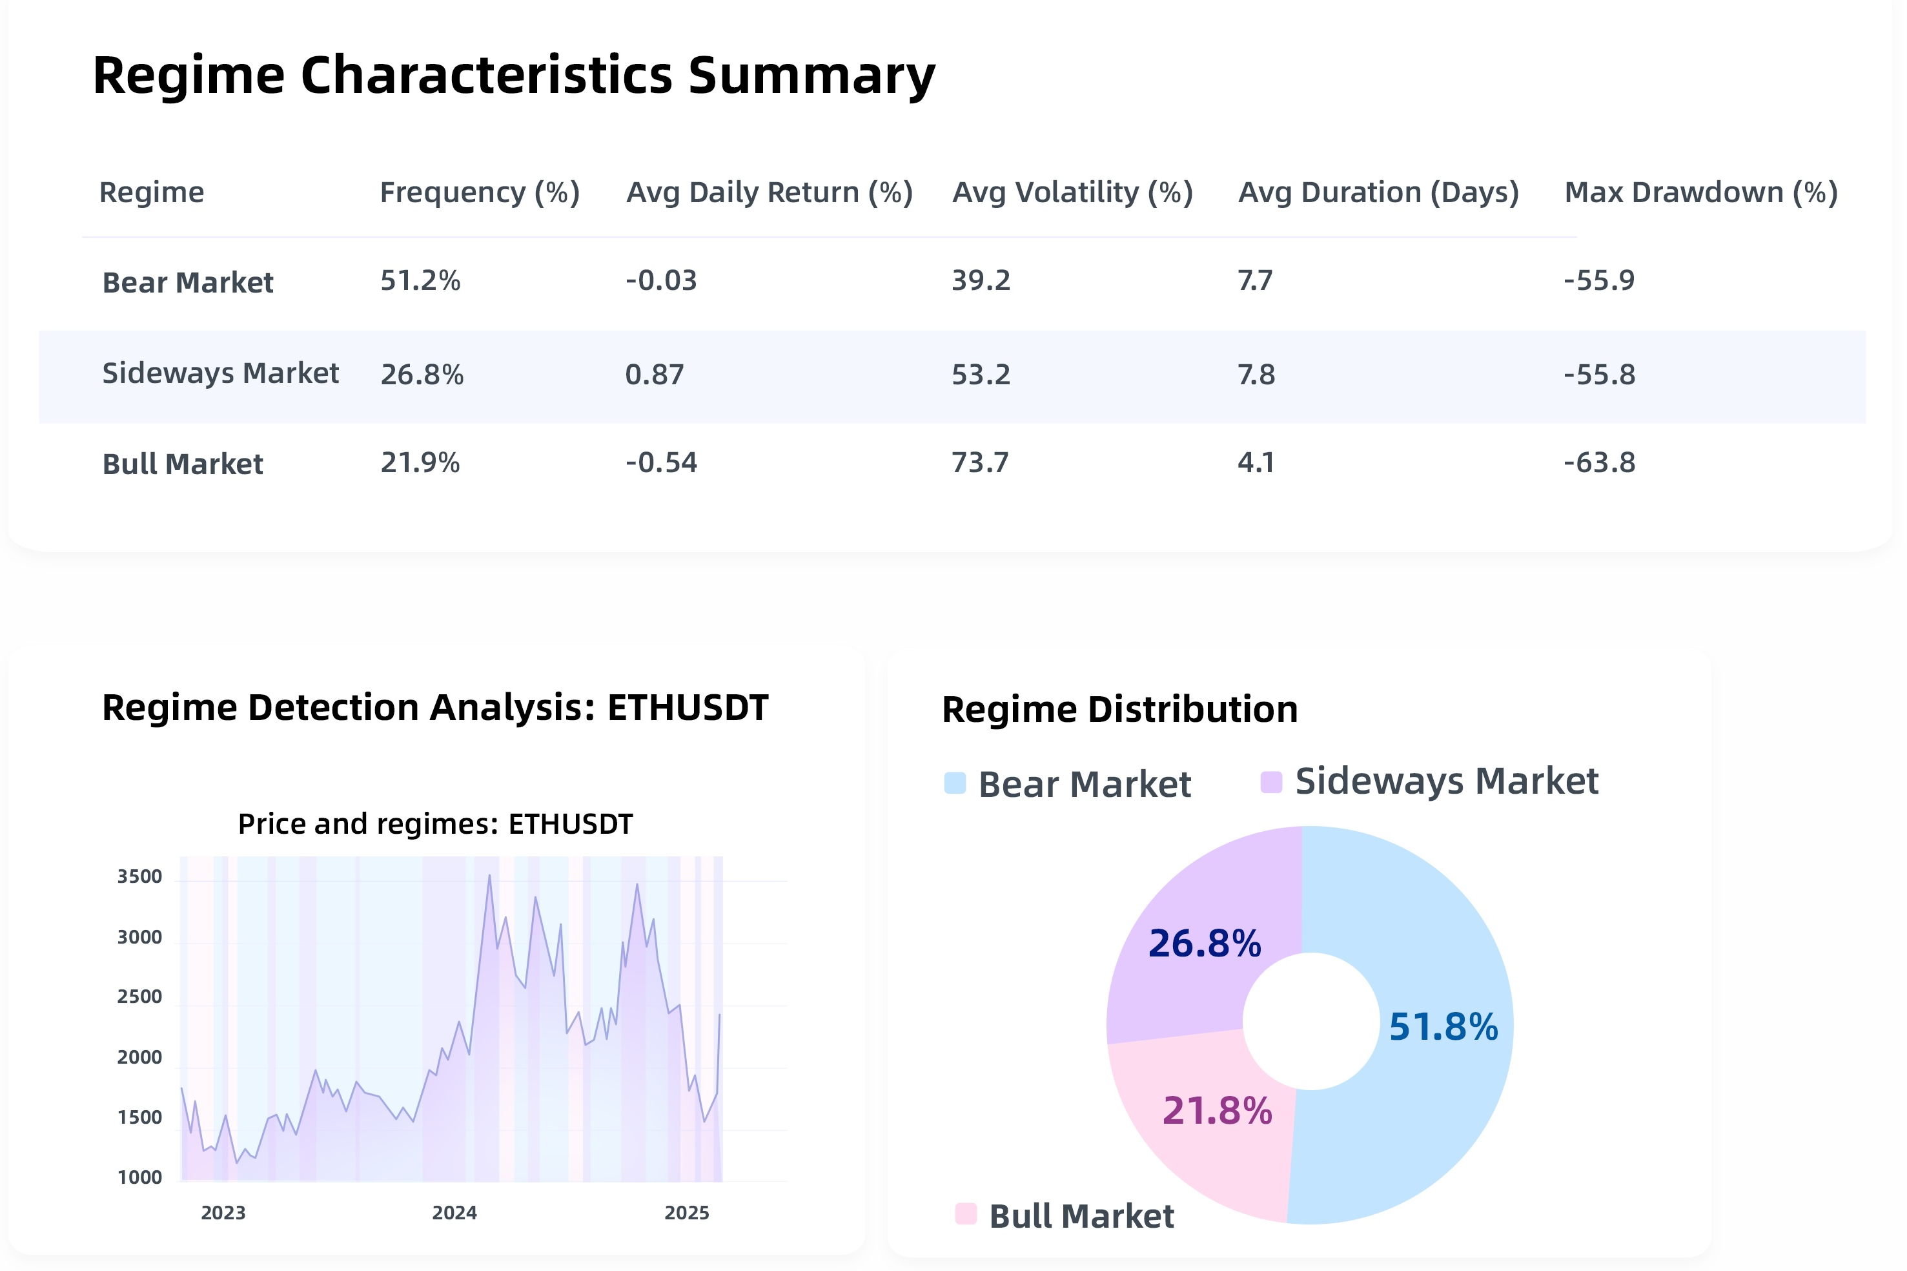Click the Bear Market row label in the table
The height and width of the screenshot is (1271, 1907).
(187, 282)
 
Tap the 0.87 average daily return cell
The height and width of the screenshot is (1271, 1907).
(655, 375)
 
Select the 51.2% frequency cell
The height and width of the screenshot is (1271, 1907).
(420, 280)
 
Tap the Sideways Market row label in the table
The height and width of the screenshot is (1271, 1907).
(220, 373)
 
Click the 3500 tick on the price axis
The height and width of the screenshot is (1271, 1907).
(139, 876)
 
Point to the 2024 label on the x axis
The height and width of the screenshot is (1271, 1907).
(454, 1213)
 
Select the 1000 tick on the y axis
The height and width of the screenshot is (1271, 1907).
(139, 1177)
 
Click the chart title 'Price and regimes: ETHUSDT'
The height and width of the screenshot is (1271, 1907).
(435, 823)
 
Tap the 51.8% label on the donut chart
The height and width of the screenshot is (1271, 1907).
(1443, 1026)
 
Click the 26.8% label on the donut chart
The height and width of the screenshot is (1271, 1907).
(1205, 944)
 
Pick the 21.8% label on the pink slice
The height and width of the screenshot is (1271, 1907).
(1217, 1110)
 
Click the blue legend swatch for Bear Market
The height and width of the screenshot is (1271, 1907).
(955, 783)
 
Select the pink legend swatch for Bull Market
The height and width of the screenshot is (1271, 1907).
(966, 1214)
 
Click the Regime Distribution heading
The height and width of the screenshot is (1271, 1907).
(1119, 709)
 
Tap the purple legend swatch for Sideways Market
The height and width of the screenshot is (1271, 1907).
(1271, 782)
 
